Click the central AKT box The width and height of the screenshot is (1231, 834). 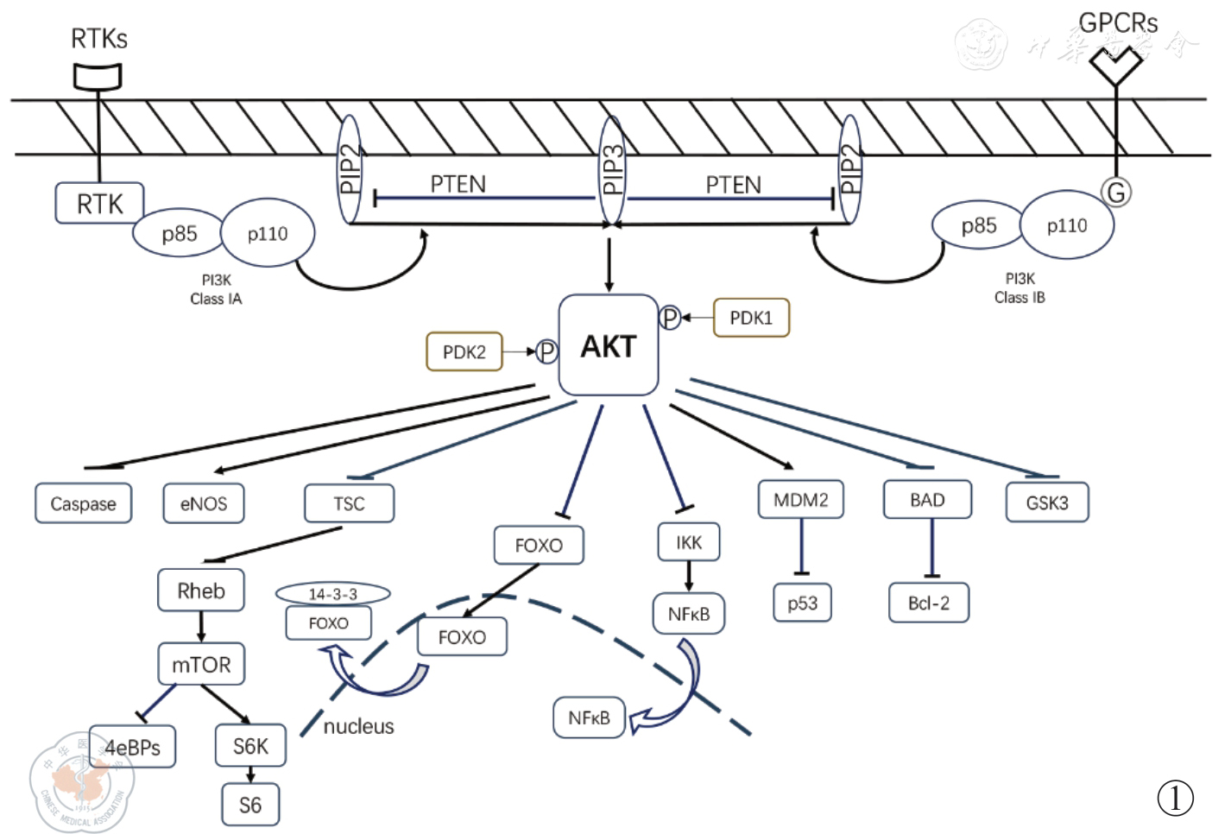point(609,346)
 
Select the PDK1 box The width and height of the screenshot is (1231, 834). point(751,318)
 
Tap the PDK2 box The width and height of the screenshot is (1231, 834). point(464,352)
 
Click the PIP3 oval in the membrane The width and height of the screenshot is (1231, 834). point(612,172)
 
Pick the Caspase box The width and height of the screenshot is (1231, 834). point(83,503)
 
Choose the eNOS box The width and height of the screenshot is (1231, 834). point(204,503)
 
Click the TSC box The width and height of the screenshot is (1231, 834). point(350,503)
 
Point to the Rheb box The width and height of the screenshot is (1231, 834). point(201,591)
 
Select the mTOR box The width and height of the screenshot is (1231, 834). point(201,664)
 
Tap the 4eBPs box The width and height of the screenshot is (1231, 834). point(133,747)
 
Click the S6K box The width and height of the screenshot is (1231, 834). point(250,746)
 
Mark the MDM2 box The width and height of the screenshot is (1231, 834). point(801,499)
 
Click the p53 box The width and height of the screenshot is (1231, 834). point(803,603)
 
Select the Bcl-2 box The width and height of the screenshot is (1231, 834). point(929,603)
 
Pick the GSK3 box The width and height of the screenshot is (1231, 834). point(1047,502)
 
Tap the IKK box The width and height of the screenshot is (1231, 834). point(689,542)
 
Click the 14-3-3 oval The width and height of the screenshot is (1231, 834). point(332,594)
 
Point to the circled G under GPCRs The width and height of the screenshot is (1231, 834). point(1117,192)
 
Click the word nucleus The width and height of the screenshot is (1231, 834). point(358,726)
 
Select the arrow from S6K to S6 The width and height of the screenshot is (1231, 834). point(250,774)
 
